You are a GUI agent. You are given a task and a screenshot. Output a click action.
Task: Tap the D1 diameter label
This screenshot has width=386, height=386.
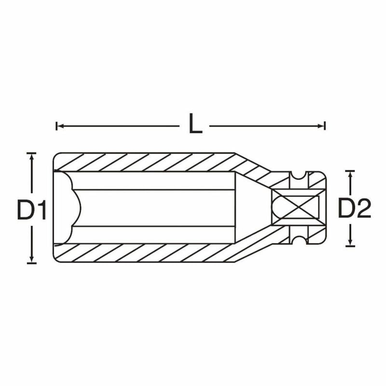click(x=32, y=210)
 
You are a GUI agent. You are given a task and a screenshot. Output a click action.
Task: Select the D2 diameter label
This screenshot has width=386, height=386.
click(x=354, y=209)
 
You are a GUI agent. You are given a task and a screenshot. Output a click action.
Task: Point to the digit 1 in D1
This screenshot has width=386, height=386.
click(x=41, y=210)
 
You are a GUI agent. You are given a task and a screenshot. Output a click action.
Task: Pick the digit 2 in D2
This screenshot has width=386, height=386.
click(x=363, y=209)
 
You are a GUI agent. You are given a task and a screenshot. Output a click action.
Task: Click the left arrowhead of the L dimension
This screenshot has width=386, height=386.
click(x=59, y=126)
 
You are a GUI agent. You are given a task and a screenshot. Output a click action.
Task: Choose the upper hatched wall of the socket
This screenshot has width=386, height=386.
click(x=145, y=162)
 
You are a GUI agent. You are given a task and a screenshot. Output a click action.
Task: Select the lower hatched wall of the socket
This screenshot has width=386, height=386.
click(x=145, y=253)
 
